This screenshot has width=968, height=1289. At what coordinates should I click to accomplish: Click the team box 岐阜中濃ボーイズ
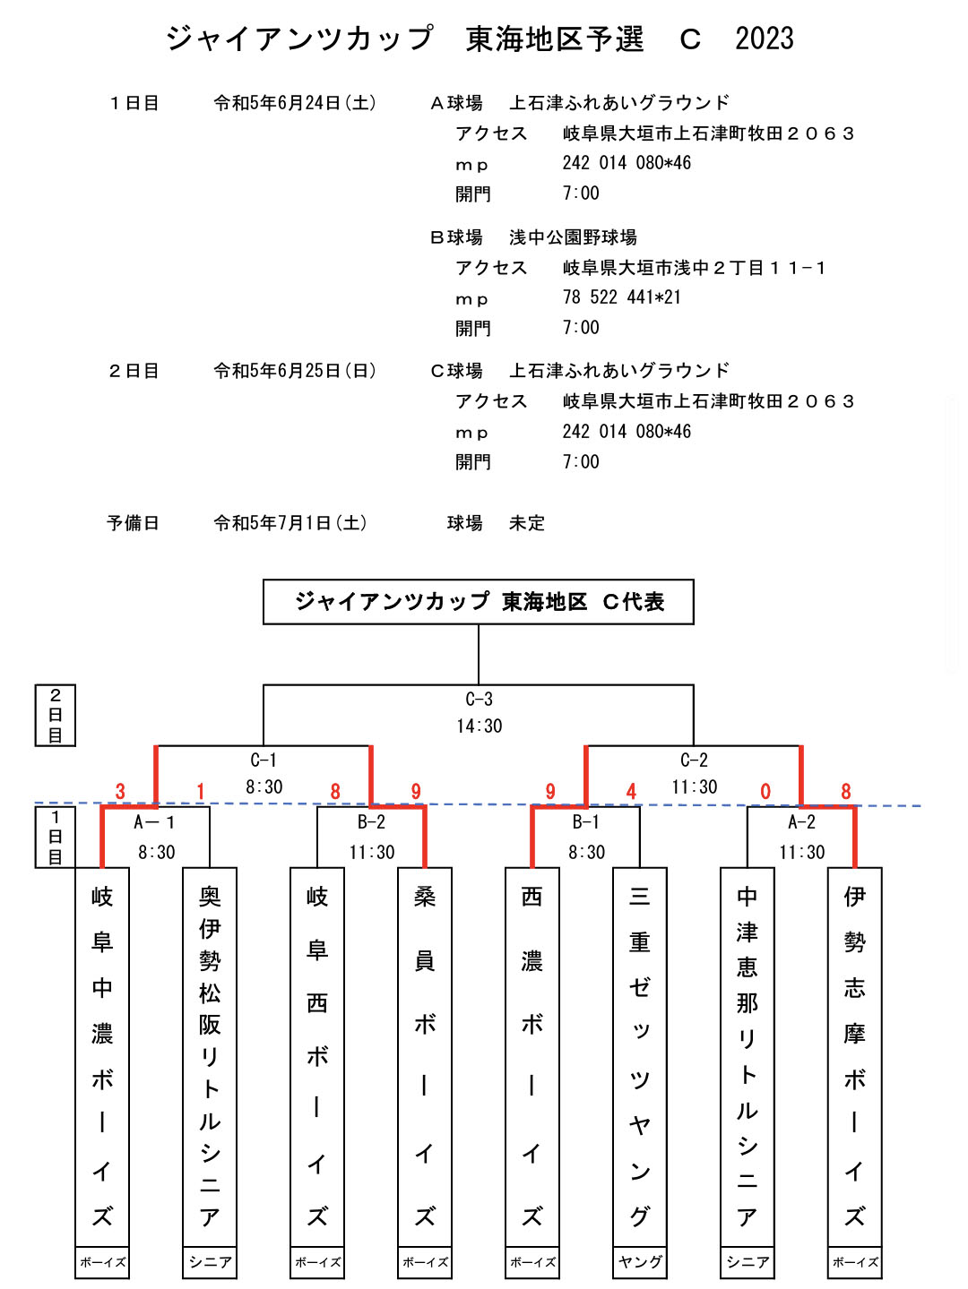pos(102,1057)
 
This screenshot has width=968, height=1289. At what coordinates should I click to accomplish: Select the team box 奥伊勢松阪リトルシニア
pos(210,1057)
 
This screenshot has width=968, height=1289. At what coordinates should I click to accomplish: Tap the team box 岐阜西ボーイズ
pos(317,1057)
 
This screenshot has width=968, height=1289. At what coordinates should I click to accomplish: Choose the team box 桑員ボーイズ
pos(425,1057)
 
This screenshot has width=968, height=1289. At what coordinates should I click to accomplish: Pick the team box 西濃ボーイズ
pos(532,1057)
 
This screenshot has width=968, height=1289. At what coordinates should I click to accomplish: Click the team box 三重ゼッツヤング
pos(640,1057)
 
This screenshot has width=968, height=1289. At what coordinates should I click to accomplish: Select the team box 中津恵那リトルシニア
pos(748,1057)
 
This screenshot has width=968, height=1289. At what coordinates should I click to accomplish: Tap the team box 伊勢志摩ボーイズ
pos(855,1057)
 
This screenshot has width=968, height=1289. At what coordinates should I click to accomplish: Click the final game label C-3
pos(479,700)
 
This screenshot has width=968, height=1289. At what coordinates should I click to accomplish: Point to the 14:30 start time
pos(479,726)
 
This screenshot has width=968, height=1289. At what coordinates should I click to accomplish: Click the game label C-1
pos(264,761)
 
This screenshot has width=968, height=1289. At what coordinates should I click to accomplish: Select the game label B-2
pos(371,822)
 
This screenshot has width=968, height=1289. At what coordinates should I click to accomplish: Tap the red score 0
pos(765,792)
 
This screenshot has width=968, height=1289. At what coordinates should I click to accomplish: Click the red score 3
pos(120,792)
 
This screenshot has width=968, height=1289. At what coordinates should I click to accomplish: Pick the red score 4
pos(631,792)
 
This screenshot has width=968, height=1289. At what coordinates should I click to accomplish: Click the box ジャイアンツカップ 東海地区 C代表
pos(479,602)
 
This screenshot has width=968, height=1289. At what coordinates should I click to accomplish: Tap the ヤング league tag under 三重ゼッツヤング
pos(640,1262)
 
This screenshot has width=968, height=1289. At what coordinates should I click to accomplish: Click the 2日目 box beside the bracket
pos(56,715)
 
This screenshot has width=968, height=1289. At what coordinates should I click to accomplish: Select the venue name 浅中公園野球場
pos(573,237)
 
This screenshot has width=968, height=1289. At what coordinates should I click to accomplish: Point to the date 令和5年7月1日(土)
pos(290,523)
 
